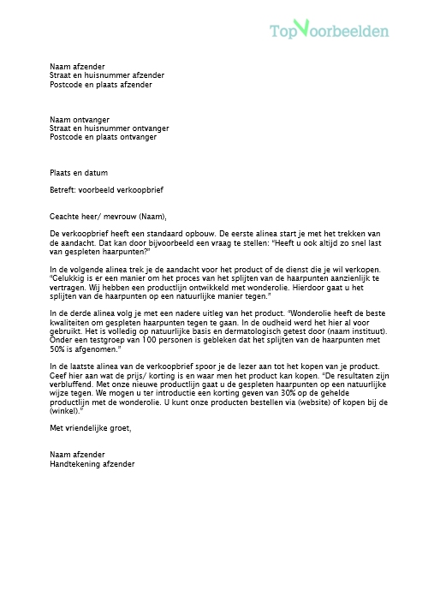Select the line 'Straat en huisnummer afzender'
(x=107, y=75)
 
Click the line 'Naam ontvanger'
(x=80, y=119)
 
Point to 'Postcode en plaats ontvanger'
(x=104, y=136)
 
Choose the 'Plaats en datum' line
(x=79, y=172)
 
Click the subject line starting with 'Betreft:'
(x=106, y=190)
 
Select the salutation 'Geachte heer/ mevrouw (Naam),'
(x=109, y=216)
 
